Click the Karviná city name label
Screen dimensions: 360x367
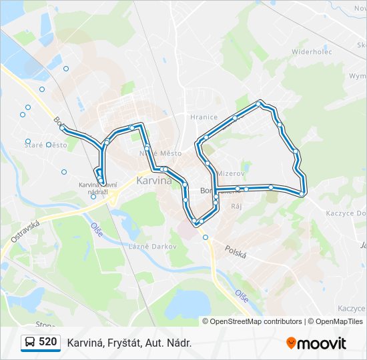point(153,180)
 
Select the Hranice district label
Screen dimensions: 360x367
point(204,117)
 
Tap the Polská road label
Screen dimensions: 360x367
point(236,253)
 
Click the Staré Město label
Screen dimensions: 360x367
point(46,145)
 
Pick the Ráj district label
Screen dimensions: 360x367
point(236,206)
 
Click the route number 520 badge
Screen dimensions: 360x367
point(47,342)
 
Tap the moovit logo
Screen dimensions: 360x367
point(316,343)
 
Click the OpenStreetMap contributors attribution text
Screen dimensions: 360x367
point(256,321)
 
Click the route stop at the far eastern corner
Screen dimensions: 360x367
point(303,193)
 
